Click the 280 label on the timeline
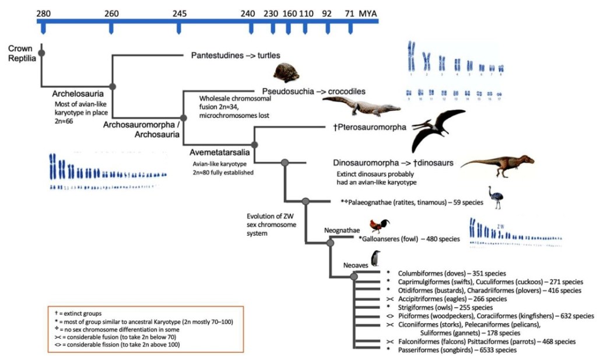[42, 12]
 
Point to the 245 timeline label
[180, 12]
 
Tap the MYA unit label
[368, 12]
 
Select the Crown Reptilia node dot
[41, 54]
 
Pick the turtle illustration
[287, 74]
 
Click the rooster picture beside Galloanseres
[380, 226]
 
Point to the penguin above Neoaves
[376, 257]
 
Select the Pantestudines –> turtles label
[236, 55]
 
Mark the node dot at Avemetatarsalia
[254, 144]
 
